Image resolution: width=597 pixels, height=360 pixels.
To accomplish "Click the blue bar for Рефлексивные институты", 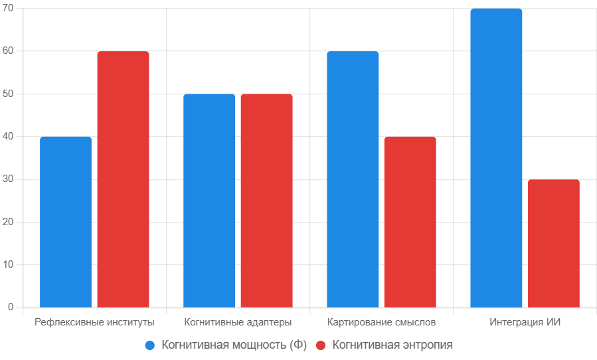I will click(x=66, y=222).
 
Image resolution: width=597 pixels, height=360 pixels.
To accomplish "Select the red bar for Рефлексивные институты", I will click(x=123, y=179).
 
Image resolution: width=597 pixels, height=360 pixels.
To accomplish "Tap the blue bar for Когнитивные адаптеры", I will click(x=209, y=201).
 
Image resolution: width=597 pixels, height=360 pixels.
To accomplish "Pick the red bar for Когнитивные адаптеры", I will click(x=266, y=201).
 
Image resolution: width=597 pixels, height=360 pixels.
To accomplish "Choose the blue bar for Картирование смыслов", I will click(x=353, y=179).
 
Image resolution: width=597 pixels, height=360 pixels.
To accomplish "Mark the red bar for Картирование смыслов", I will click(x=410, y=222).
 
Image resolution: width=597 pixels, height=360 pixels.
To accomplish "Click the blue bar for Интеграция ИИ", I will click(x=496, y=158).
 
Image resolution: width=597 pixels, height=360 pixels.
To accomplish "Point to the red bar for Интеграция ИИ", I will click(x=553, y=243).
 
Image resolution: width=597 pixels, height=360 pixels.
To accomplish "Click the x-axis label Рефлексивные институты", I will click(x=94, y=323).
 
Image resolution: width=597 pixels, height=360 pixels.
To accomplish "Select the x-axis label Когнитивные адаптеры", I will click(x=238, y=323).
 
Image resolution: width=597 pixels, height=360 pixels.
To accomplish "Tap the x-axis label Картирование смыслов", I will click(x=381, y=323).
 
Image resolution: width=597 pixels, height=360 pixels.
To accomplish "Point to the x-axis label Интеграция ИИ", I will click(x=525, y=323).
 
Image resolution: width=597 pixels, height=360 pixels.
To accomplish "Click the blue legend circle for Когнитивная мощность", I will click(x=150, y=345).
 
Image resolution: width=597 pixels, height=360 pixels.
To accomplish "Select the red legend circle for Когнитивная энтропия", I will click(x=321, y=345).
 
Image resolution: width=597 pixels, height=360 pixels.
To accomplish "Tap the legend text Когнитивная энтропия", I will click(x=392, y=345).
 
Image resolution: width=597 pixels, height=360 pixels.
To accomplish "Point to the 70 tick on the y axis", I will click(x=9, y=9).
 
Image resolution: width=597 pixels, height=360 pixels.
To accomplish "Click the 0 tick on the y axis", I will click(x=11, y=308).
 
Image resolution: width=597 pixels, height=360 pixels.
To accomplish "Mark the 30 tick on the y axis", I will click(x=9, y=179).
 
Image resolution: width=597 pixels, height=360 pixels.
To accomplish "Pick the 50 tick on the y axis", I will click(x=9, y=94).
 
